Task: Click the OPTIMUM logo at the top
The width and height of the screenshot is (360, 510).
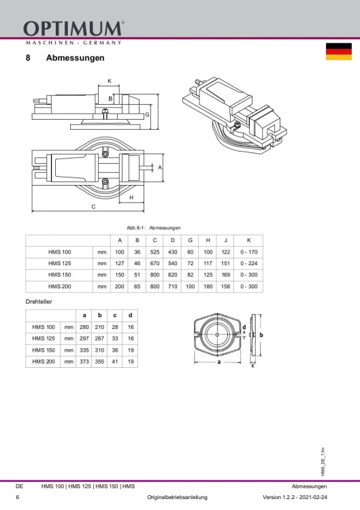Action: [x=73, y=29]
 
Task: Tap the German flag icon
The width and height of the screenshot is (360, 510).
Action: [x=338, y=52]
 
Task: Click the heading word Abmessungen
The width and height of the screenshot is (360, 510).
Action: [x=75, y=58]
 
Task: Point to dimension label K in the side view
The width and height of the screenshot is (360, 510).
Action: [x=109, y=81]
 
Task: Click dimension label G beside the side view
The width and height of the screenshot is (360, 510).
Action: [x=147, y=115]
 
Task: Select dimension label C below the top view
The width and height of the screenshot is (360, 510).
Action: [x=93, y=206]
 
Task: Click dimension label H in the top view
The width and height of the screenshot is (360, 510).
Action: [x=131, y=197]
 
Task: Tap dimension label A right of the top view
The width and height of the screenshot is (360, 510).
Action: [x=160, y=167]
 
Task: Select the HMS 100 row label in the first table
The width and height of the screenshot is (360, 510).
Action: [x=59, y=252]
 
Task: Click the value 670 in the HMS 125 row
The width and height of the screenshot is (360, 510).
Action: [x=156, y=263]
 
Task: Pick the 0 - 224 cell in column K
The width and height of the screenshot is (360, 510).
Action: [x=249, y=263]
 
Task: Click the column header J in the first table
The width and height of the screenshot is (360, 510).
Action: [x=225, y=240]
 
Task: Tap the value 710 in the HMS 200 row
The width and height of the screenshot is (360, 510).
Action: [x=173, y=286]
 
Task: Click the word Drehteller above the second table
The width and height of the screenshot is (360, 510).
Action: [x=39, y=301]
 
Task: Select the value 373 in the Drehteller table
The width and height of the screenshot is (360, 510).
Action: [x=84, y=362]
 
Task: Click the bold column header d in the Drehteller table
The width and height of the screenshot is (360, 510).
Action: [x=130, y=315]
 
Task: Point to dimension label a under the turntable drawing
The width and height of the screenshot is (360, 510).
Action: [x=219, y=362]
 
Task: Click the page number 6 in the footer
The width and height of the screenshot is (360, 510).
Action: [x=18, y=498]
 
